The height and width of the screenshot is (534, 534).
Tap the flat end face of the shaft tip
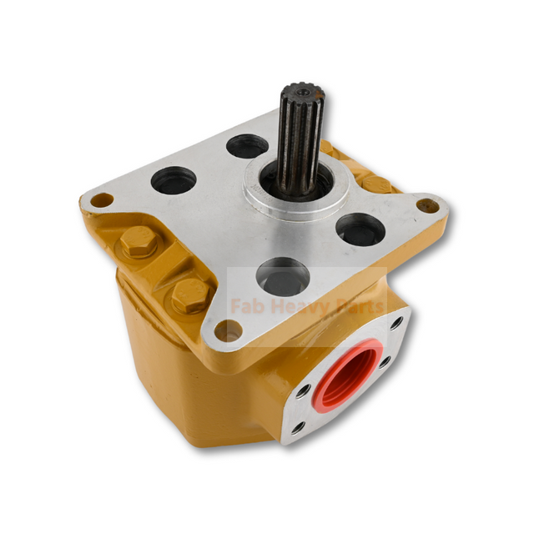coord(302,89)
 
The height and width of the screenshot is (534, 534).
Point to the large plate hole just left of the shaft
coord(247,147)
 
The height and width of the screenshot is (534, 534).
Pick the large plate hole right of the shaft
coord(361,229)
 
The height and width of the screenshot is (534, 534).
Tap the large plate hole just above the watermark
coord(283,275)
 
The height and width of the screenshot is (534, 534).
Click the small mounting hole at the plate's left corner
coord(102,200)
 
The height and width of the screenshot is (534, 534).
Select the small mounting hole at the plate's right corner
coord(428,204)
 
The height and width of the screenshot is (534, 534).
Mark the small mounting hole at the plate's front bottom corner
coord(228,332)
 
